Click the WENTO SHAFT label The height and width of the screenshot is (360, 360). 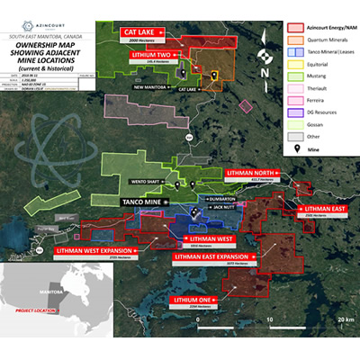157,184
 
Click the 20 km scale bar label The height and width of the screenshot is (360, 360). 341,320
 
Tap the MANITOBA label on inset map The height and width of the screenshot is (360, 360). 43,292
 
